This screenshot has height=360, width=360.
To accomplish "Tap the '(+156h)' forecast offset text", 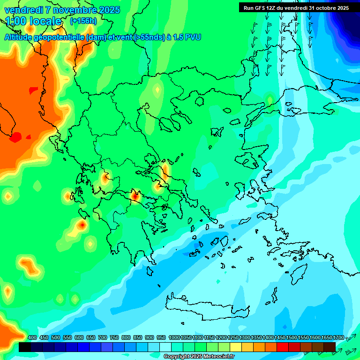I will (x=83, y=21).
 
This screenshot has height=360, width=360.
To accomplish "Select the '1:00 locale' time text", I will (x=33, y=21).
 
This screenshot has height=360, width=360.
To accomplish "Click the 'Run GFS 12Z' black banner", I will (x=296, y=7).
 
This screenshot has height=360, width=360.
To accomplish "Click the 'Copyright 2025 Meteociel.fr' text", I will (x=199, y=357).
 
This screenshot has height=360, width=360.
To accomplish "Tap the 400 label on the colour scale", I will (x=32, y=337).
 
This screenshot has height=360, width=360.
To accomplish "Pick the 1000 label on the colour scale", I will (x=174, y=337).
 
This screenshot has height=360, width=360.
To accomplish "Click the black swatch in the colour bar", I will (x=25, y=347).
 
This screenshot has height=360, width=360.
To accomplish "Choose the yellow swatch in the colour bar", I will (x=236, y=347).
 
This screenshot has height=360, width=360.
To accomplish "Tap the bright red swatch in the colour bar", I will (x=283, y=347).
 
